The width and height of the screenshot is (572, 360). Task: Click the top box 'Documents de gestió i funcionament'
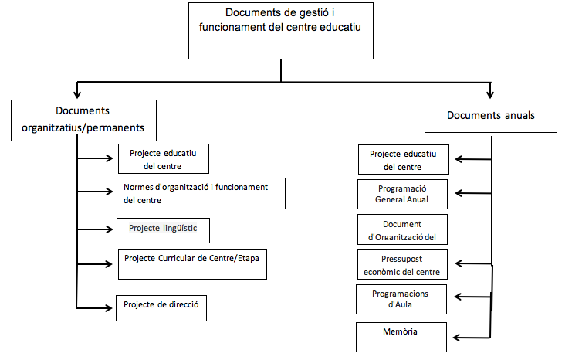pos(281,30)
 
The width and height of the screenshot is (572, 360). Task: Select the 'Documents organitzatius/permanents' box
pos(83,120)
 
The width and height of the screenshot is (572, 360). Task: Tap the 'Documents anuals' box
pos(491,116)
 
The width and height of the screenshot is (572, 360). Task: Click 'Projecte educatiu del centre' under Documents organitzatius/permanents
pos(163,158)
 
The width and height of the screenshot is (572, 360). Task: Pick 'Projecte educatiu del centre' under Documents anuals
pos(402,160)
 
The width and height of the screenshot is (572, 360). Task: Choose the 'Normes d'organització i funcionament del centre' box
pos(201,193)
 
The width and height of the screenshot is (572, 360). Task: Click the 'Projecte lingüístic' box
pos(163,229)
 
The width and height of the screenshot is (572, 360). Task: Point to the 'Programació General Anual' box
pos(402,194)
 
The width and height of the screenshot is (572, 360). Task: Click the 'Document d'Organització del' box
pos(402,229)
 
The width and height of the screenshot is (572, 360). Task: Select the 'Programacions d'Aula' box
pos(402,299)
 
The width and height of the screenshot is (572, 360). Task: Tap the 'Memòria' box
pos(402,336)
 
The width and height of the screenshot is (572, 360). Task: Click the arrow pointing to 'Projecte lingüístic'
pos(96,229)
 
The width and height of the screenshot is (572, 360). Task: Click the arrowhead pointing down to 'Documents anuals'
pos(491,94)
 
